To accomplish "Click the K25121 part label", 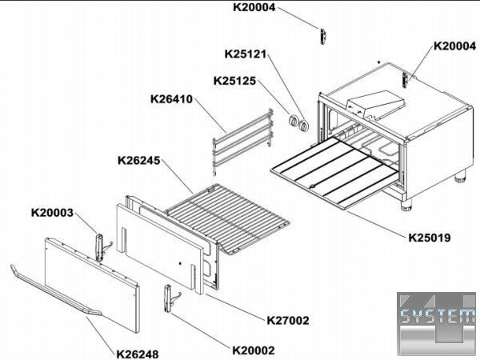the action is tap(246, 54).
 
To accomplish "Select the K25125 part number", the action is tap(234, 81).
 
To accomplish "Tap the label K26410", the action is tap(171, 99).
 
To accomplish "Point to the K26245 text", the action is tap(139, 161).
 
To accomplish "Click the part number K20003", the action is tap(52, 213).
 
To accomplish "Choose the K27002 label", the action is tap(288, 321).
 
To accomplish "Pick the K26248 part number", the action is tap(138, 354).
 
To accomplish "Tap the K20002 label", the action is tap(254, 350).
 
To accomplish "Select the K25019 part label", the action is tap(430, 238).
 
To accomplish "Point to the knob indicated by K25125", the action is tap(294, 121).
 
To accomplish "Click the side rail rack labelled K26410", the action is tap(242, 142).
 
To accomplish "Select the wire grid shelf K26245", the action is tap(227, 218).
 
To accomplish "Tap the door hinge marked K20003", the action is tap(101, 247).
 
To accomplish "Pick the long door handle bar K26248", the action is tap(55, 290).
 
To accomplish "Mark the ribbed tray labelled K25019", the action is tap(334, 173).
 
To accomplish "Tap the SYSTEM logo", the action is tap(438, 324).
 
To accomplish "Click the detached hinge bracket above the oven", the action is tap(323, 37).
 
